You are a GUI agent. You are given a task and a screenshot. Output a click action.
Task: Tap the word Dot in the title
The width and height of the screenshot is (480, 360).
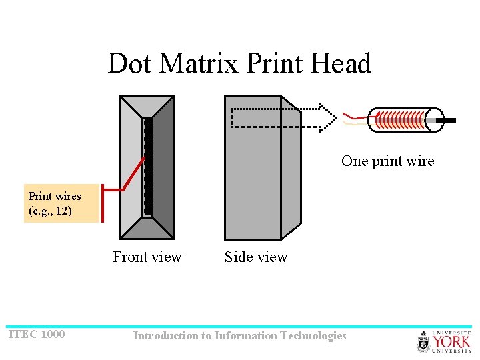point(130,64)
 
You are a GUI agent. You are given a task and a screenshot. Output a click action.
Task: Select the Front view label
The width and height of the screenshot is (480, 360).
point(147,257)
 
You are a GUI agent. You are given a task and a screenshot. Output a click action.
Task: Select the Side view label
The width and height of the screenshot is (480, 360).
point(256,257)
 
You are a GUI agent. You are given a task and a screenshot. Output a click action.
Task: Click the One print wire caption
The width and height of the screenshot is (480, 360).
point(387,161)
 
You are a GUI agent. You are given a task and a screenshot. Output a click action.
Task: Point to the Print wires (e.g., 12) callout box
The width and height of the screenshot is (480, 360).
point(61,204)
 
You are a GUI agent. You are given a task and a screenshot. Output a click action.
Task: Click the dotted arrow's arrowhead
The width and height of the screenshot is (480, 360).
point(326,117)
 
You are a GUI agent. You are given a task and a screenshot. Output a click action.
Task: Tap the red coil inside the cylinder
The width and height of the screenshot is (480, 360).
point(400,121)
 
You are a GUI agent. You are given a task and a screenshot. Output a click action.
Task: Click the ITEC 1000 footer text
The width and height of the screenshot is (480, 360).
point(37,334)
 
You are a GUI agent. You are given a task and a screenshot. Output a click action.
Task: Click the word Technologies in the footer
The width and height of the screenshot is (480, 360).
point(313,335)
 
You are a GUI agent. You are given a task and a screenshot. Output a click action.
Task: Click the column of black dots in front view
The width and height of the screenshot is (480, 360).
point(148,167)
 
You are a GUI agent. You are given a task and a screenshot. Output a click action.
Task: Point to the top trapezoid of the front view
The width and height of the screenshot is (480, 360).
point(147,107)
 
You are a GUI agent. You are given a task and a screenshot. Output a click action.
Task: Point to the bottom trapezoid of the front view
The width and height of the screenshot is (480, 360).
point(147,229)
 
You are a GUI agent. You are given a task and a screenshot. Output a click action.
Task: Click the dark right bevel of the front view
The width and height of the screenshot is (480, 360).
point(163,167)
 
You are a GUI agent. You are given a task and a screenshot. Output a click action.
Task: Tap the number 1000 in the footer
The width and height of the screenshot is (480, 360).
point(53,334)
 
